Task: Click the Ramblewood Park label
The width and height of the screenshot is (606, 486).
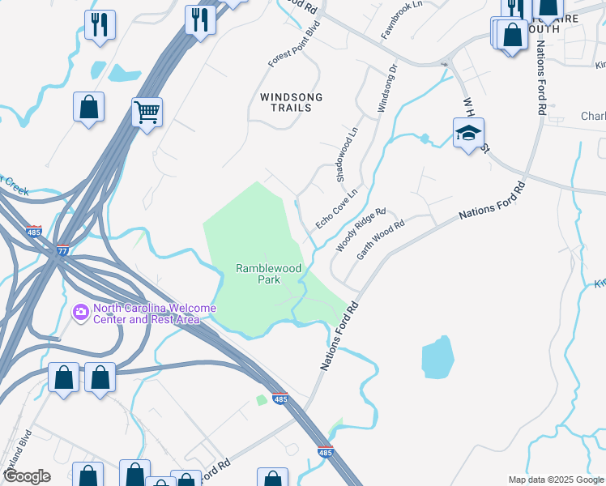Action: pyautogui.click(x=258, y=274)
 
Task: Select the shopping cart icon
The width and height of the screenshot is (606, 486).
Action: pyautogui.click(x=147, y=112)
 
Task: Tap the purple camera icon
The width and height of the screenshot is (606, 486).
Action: pyautogui.click(x=80, y=311)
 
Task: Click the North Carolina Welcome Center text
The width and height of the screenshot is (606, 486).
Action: pyautogui.click(x=154, y=313)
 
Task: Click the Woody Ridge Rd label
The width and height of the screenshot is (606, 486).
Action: pyautogui.click(x=361, y=229)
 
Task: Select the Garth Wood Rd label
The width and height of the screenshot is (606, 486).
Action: pyautogui.click(x=380, y=241)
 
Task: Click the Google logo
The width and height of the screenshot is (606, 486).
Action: pyautogui.click(x=26, y=476)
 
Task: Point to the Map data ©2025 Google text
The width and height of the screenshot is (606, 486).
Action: pyautogui.click(x=555, y=480)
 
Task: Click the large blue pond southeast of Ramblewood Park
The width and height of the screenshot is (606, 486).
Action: pyautogui.click(x=438, y=356)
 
